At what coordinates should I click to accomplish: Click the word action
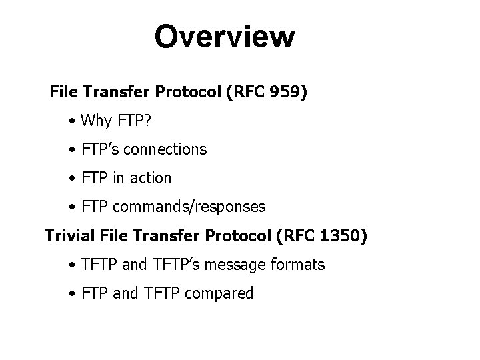(x=151, y=178)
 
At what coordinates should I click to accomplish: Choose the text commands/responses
(x=189, y=207)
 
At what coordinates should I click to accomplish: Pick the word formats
(x=298, y=265)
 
